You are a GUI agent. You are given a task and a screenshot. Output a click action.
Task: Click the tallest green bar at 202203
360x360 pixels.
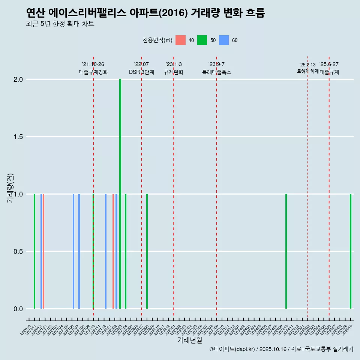[120, 193]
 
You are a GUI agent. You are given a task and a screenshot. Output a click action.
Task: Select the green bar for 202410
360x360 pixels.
[286, 251]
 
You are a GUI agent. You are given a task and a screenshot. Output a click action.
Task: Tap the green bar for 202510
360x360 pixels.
[351, 251]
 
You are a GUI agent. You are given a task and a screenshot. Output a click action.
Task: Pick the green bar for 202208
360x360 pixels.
[147, 251]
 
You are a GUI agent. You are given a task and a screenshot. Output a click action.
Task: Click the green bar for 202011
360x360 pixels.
[34, 251]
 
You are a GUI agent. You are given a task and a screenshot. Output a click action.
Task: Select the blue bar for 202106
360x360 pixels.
[73, 251]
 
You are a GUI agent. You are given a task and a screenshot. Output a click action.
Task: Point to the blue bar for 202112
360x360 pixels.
[106, 251]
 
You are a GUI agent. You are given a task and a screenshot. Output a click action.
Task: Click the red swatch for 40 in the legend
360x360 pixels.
[181, 40]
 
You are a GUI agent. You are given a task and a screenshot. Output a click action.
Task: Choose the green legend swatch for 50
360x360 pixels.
[202, 40]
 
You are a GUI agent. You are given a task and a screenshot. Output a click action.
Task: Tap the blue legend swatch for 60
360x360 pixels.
[224, 40]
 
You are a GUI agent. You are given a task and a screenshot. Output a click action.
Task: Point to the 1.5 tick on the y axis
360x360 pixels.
[18, 137]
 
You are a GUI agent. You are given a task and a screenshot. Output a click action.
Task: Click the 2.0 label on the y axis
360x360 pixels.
[18, 79]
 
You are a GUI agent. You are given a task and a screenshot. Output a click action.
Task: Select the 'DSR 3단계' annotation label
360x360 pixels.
[141, 72]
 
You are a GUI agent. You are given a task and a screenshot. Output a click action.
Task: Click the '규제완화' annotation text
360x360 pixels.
[174, 72]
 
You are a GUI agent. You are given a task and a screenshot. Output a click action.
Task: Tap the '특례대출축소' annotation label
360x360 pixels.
[216, 72]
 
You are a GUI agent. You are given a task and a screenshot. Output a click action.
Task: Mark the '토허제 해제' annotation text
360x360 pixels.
[307, 71]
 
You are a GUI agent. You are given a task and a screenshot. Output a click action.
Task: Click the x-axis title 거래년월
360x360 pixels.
[189, 340]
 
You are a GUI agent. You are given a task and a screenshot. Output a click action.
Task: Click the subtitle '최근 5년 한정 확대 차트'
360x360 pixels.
[60, 24]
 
